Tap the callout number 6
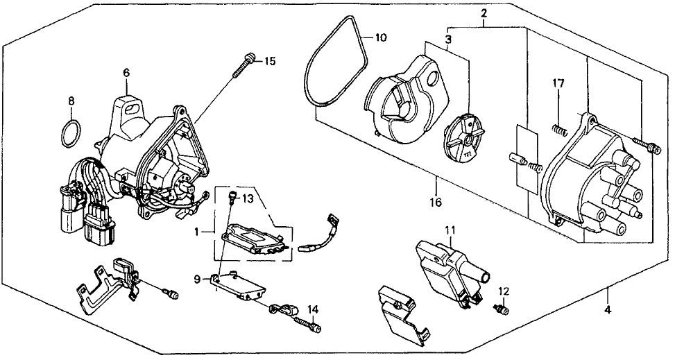(126, 72)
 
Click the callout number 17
(558, 84)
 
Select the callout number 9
(198, 280)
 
